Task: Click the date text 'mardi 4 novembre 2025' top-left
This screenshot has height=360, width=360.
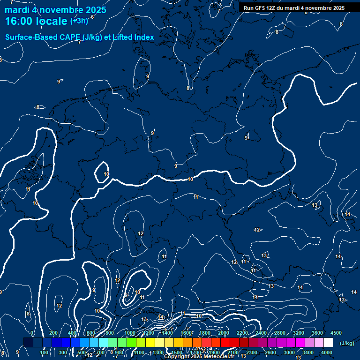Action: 55,10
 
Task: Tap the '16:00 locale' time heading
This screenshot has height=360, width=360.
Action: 37,21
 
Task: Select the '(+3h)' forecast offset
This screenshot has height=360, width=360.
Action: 79,21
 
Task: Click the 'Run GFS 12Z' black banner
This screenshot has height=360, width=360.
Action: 294,8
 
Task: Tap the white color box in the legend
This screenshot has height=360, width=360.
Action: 328,343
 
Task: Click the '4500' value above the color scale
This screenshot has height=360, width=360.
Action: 336,333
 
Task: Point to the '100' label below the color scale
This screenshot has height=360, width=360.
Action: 45,352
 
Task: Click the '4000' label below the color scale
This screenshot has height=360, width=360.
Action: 327,352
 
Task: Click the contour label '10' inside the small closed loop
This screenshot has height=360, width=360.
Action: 106,174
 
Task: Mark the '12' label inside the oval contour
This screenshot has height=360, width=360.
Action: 141,233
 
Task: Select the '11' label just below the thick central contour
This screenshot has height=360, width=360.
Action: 195,197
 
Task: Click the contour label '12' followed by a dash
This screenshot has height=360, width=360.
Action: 257,230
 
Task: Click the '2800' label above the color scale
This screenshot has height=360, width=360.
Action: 280,333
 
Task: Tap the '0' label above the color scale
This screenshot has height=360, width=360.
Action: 32,333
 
